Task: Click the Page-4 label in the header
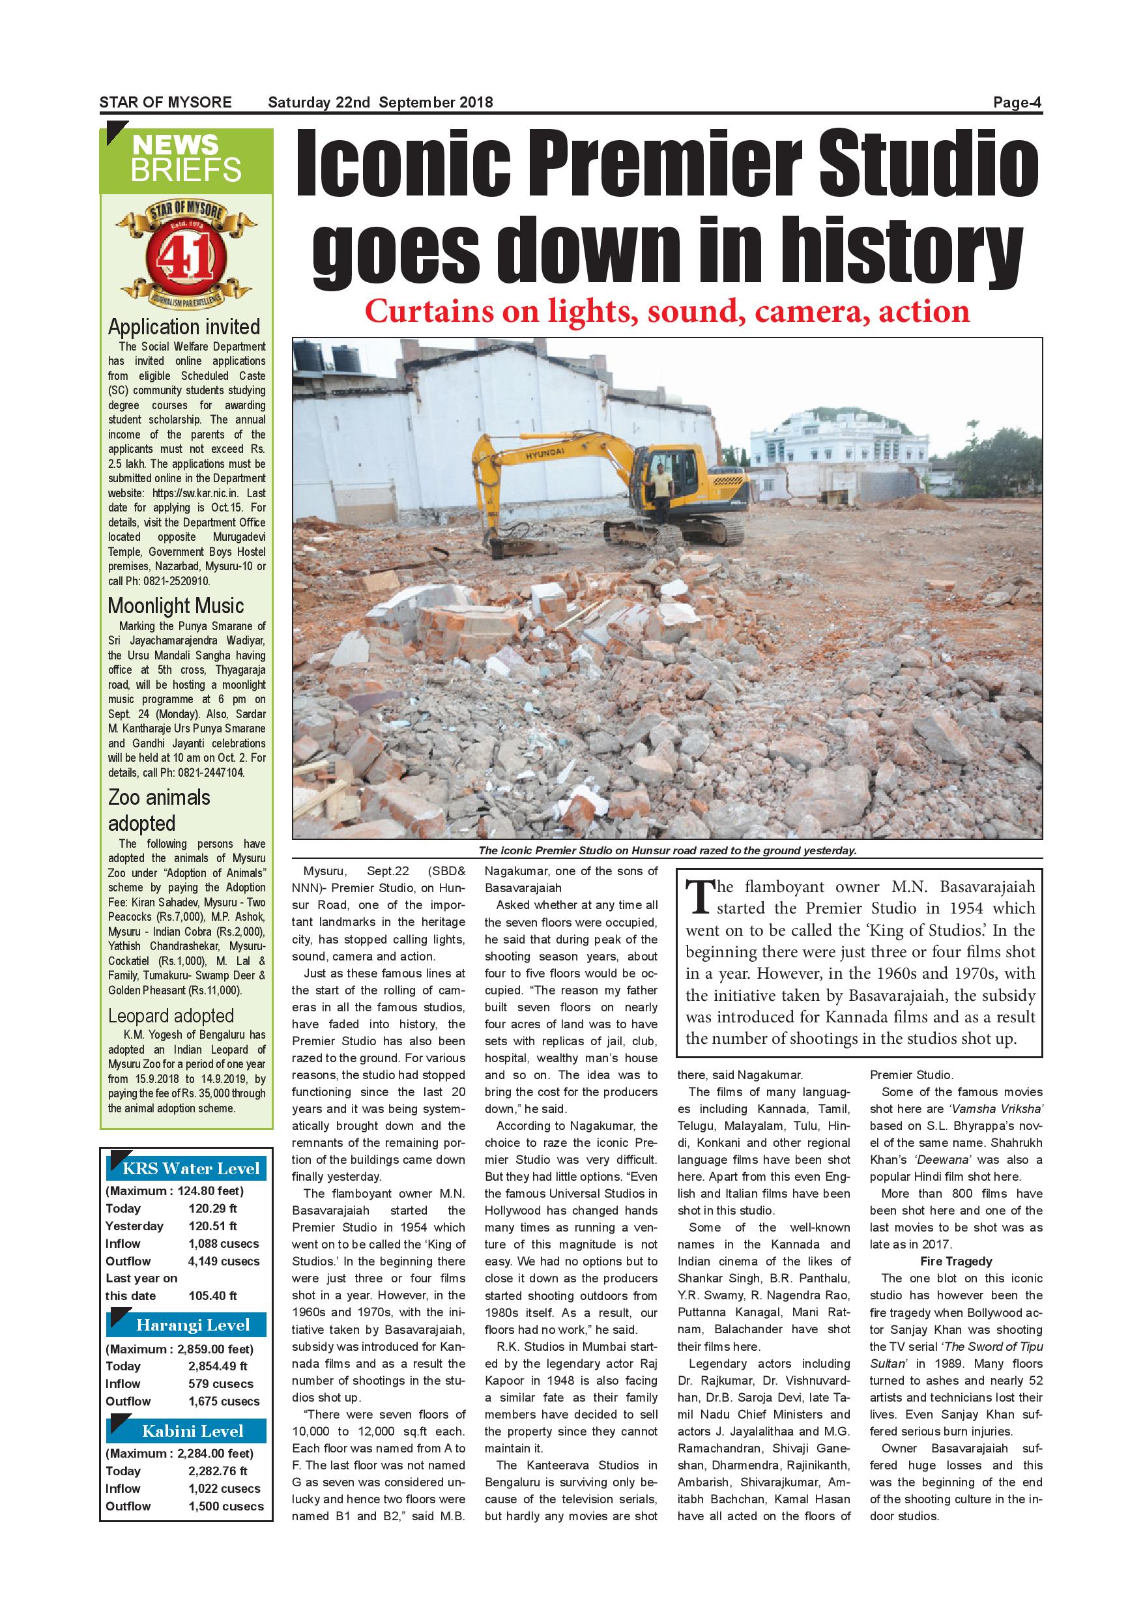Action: pos(1017,103)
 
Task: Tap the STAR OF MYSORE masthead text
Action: pos(166,103)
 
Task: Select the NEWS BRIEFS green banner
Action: pos(186,160)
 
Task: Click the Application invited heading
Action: pos(184,327)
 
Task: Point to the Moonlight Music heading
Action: pos(176,606)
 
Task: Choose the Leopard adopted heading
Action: pos(170,1017)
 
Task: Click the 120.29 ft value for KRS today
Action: pos(212,1209)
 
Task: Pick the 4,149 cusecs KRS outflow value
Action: pos(224,1262)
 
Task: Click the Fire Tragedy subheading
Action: pos(955,1262)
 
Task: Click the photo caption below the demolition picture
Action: pos(667,850)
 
